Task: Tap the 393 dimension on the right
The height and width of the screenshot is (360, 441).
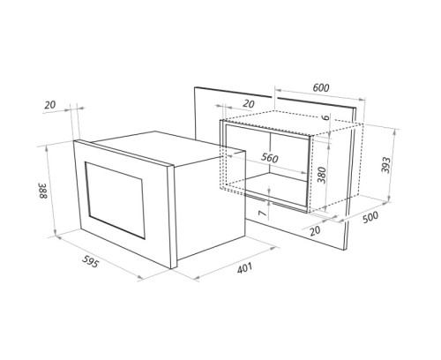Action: click(385, 164)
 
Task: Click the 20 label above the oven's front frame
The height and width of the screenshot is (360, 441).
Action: click(50, 106)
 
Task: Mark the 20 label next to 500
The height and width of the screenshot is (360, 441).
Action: click(317, 231)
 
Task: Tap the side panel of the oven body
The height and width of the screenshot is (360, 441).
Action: click(196, 205)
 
